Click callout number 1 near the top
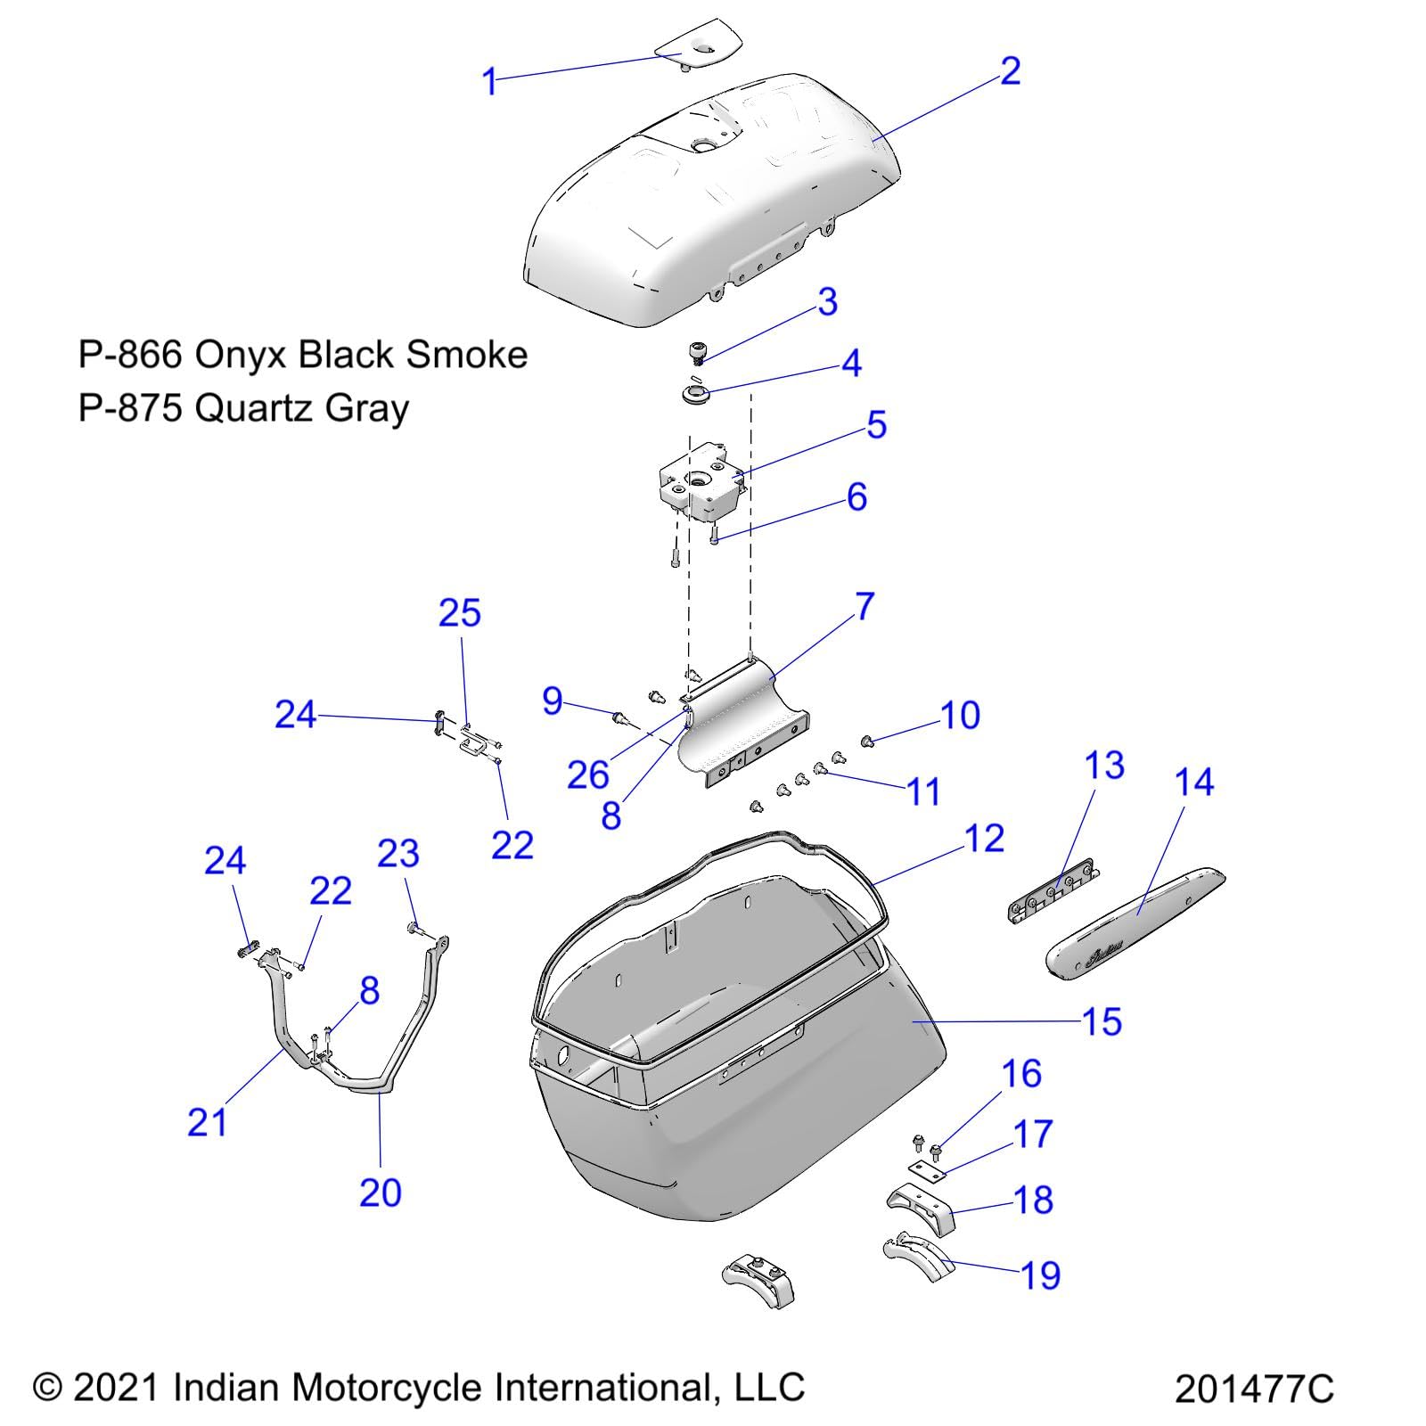point(488,82)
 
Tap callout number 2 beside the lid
point(1009,71)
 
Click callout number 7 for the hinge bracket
point(864,607)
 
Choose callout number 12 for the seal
point(984,839)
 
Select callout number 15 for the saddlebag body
point(1102,1022)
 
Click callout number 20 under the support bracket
point(381,1192)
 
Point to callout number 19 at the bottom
point(1040,1275)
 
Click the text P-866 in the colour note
point(130,355)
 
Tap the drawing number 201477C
point(1253,1388)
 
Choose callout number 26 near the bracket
point(588,775)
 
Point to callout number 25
point(460,613)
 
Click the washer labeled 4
point(696,393)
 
